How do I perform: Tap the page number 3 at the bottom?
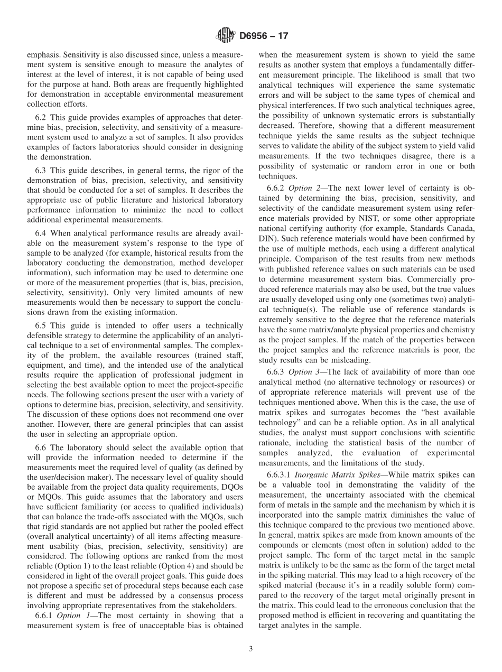250,649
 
